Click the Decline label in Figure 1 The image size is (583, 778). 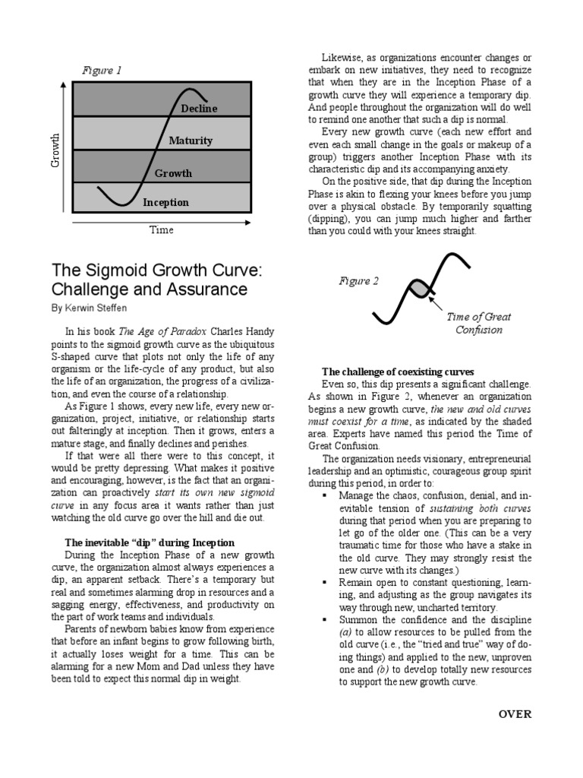click(199, 109)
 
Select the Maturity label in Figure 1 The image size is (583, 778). click(191, 141)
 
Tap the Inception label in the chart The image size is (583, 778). click(165, 203)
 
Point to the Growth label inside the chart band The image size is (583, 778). click(173, 173)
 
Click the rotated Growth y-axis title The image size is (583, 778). click(54, 151)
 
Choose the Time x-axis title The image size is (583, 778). click(161, 229)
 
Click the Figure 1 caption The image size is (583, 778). click(102, 71)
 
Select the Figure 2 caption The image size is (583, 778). click(359, 281)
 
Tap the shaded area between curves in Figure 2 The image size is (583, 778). click(419, 289)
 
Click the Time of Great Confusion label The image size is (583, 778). click(478, 324)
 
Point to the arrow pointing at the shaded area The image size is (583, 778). click(439, 305)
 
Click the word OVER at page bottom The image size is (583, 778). click(515, 713)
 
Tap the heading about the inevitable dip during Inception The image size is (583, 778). click(150, 542)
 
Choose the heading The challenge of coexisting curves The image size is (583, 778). click(398, 372)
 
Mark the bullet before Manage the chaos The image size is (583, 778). click(323, 495)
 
